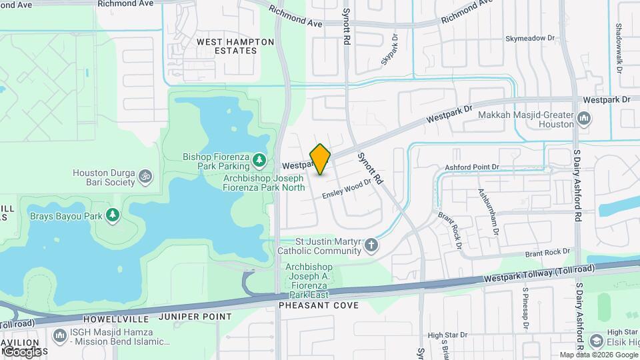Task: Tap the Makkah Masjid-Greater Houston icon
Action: click(x=585, y=119)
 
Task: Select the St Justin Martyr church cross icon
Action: click(x=372, y=247)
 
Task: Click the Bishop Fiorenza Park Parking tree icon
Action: click(x=259, y=161)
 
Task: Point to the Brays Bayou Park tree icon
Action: click(x=113, y=215)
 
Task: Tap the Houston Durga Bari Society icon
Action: click(x=145, y=177)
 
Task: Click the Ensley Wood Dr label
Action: click(x=346, y=189)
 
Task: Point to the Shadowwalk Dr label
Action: click(x=619, y=49)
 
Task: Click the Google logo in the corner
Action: click(x=22, y=351)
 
